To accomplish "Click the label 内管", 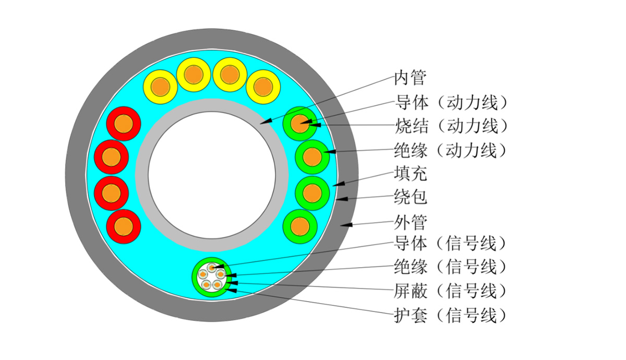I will click(411, 78).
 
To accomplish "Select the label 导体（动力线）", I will click(451, 102).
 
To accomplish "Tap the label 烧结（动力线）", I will click(451, 126).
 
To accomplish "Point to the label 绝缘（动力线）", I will click(451, 150).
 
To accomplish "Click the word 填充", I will click(411, 174).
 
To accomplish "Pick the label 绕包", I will click(411, 198).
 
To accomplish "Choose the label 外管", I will click(411, 223).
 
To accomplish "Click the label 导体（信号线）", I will click(451, 243).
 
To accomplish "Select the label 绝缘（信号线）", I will click(451, 267).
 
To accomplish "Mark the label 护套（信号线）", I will click(451, 314).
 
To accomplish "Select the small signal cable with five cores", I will click(211, 278).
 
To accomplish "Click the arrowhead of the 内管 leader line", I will click(263, 123).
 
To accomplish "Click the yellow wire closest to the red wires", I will click(160, 87).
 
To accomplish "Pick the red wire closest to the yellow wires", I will click(124, 124).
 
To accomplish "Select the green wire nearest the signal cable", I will click(300, 226).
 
